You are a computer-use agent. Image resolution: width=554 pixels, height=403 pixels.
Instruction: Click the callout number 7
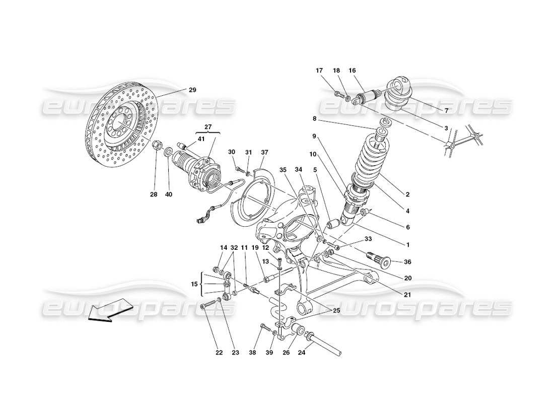point(446,110)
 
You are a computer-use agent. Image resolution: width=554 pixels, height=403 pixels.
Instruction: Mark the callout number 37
point(264,152)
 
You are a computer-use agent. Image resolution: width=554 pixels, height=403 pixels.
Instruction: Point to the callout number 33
point(368,239)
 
